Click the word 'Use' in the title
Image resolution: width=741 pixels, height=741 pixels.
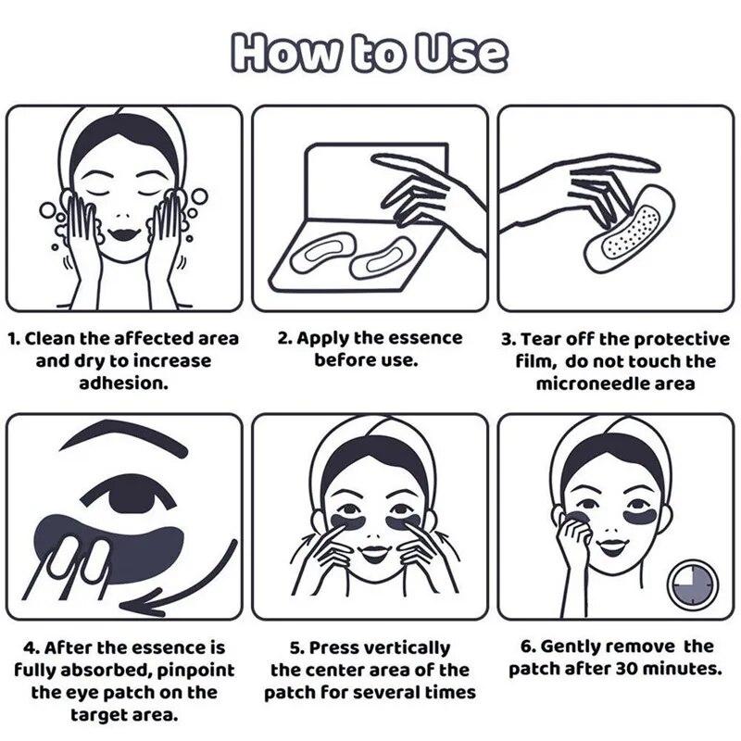pos(460,53)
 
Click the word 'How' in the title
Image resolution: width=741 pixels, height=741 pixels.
pos(285,52)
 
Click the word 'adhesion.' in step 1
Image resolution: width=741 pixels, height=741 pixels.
pos(124,383)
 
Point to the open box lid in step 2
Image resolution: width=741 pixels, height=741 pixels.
pos(376,182)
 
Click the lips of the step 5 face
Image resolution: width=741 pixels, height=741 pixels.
pos(373,551)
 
